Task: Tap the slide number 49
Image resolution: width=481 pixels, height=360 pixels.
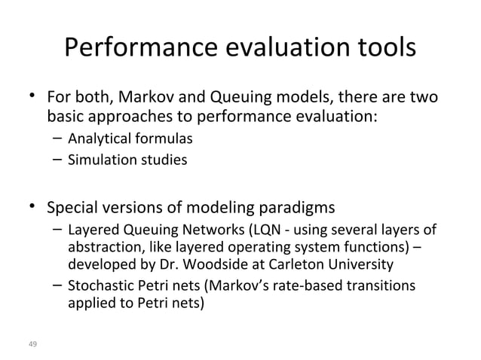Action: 32,344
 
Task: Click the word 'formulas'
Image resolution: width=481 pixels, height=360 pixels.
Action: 164,139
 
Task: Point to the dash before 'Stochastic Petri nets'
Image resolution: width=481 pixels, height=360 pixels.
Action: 57,285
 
